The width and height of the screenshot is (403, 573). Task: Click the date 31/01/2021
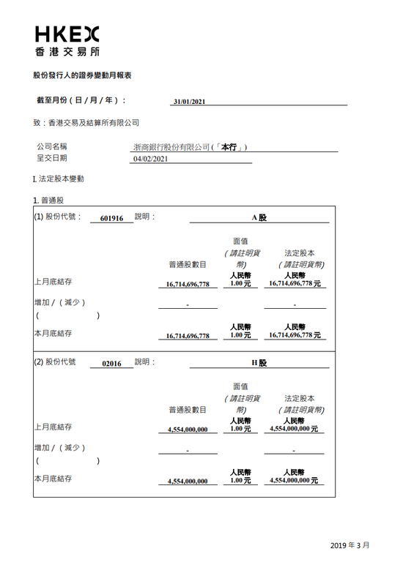click(189, 102)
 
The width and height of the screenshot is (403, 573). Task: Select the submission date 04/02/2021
click(151, 158)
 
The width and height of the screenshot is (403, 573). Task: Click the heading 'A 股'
click(259, 217)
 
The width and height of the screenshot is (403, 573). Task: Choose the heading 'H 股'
click(259, 362)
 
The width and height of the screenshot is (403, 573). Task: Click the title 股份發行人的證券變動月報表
click(82, 75)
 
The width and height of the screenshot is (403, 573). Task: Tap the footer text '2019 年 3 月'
click(350, 545)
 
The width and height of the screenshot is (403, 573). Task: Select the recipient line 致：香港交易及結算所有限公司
click(86, 123)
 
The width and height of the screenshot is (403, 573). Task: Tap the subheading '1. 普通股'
click(48, 200)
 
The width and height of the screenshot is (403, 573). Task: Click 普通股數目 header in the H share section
click(187, 410)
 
